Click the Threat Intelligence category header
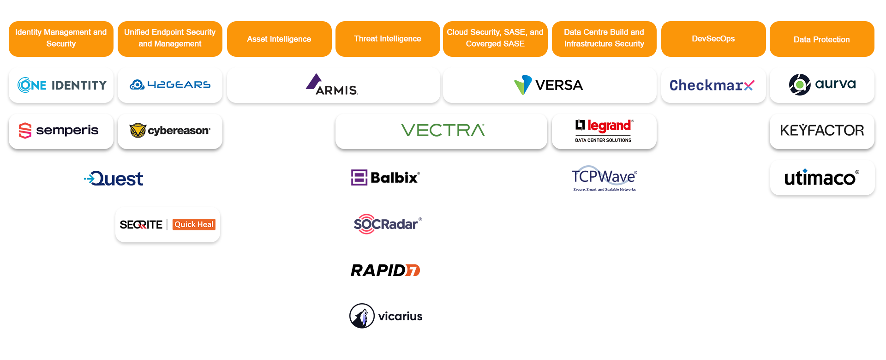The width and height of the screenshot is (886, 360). pyautogui.click(x=388, y=39)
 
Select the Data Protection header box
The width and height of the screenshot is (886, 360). pyautogui.click(x=821, y=40)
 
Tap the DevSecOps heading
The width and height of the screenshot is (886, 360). pyautogui.click(x=713, y=39)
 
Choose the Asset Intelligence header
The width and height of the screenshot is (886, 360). pyautogui.click(x=279, y=39)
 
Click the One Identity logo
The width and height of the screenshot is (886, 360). pyautogui.click(x=62, y=85)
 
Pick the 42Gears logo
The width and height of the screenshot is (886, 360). pyautogui.click(x=170, y=85)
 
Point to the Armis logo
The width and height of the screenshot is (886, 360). pyautogui.click(x=332, y=85)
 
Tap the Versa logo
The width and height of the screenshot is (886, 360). pyautogui.click(x=549, y=85)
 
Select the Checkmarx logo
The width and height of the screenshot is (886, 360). pyautogui.click(x=712, y=85)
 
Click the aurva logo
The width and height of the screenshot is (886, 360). pyautogui.click(x=822, y=84)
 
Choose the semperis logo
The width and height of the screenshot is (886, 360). pyautogui.click(x=59, y=131)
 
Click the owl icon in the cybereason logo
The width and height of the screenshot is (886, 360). pyautogui.click(x=138, y=131)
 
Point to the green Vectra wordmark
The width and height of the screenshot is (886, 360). pyautogui.click(x=443, y=131)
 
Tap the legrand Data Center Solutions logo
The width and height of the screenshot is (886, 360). pyautogui.click(x=604, y=131)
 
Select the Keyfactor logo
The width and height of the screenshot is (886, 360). pyautogui.click(x=822, y=131)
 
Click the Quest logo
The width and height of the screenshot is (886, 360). pyautogui.click(x=114, y=178)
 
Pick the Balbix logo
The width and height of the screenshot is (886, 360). pyautogui.click(x=386, y=178)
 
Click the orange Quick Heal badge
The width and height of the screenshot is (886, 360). pyautogui.click(x=194, y=224)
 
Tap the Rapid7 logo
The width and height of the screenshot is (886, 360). pyautogui.click(x=385, y=270)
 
